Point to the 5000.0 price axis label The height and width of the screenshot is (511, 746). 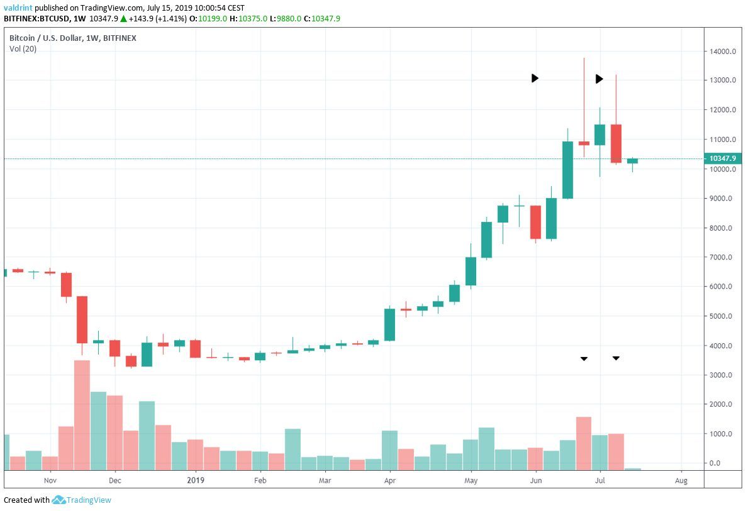[x=721, y=316]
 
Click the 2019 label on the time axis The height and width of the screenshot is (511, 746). [x=196, y=481]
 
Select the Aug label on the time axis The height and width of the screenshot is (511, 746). [x=681, y=481]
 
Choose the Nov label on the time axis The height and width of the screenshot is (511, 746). [x=50, y=481]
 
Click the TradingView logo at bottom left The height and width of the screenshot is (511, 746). [x=82, y=500]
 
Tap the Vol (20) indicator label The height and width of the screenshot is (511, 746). [x=23, y=49]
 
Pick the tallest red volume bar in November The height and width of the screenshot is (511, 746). [x=82, y=415]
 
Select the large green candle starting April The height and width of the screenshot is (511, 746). [x=390, y=324]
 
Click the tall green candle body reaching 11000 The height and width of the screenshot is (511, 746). [x=567, y=170]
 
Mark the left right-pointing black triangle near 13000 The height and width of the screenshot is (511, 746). [x=535, y=78]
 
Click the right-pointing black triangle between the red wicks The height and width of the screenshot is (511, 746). [x=599, y=79]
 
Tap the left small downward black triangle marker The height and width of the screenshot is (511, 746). [x=584, y=358]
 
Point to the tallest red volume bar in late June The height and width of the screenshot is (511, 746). [x=584, y=443]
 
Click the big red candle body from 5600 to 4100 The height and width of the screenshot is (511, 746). [x=82, y=319]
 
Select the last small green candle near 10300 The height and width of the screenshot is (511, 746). [x=632, y=161]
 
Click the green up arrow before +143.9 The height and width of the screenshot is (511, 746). [x=123, y=19]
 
